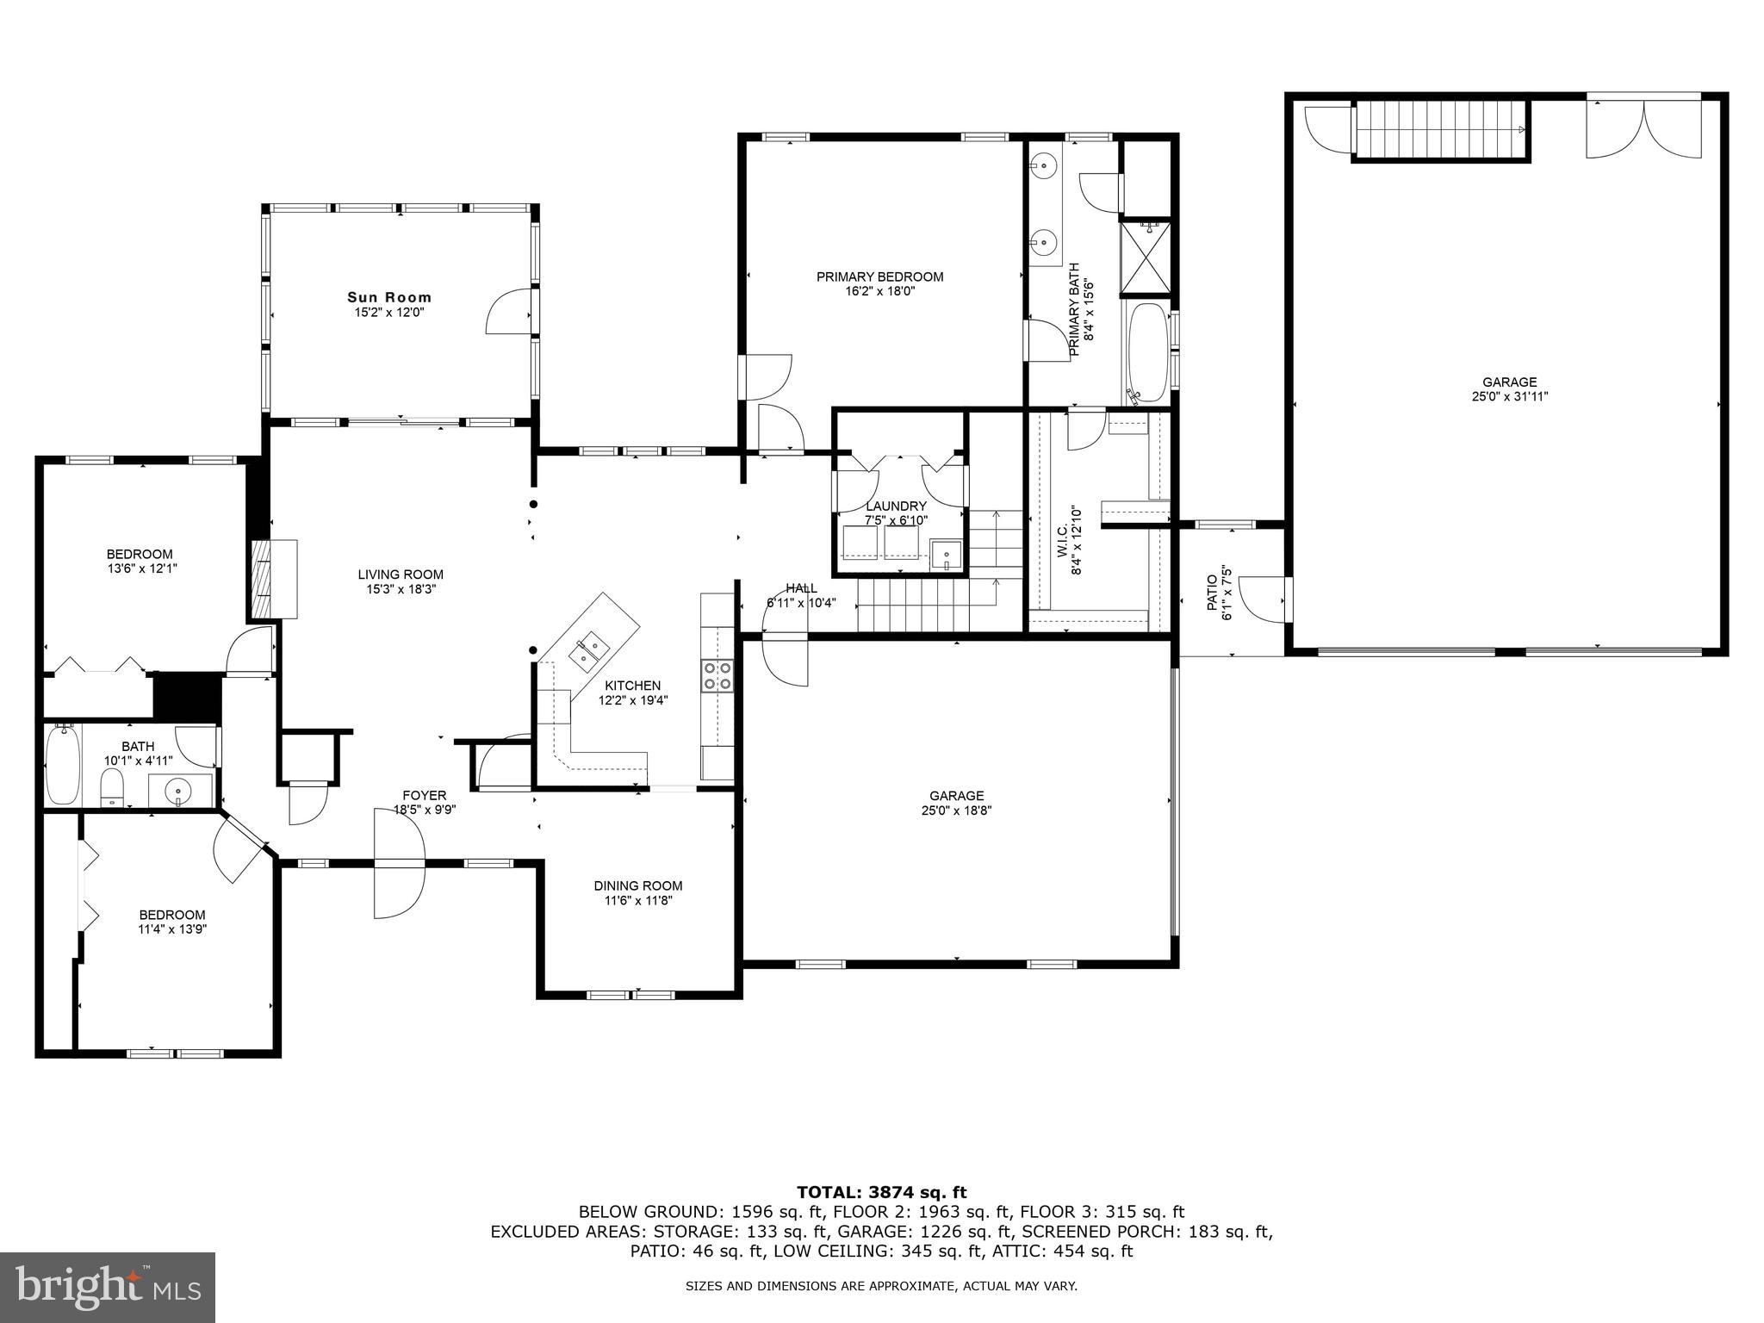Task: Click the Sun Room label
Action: pos(389,297)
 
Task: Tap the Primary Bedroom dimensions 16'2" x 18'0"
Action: pos(879,292)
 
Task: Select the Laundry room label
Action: pos(896,506)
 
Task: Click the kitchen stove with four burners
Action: pos(717,675)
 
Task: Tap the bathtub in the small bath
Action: pos(63,766)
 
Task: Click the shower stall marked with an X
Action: pos(1146,258)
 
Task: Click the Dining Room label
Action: pos(637,885)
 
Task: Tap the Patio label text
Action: pos(1212,593)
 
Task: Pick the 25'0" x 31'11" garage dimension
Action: pos(1509,397)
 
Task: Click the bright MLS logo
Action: pos(108,1286)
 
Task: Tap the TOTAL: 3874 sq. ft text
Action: pos(881,1192)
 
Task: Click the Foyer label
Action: pos(425,795)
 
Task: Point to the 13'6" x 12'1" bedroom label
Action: pos(140,568)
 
